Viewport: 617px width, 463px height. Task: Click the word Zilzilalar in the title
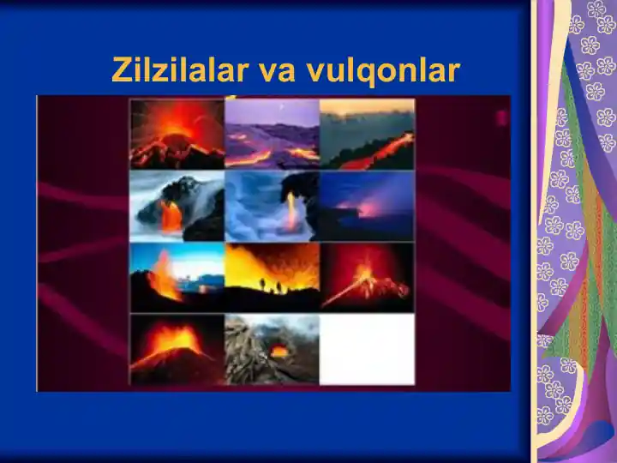tap(180, 69)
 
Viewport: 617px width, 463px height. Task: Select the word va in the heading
tap(277, 72)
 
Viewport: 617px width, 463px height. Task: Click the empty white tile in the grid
tap(367, 350)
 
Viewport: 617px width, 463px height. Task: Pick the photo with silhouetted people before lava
tap(272, 278)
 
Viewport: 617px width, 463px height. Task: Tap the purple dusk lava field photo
tap(272, 134)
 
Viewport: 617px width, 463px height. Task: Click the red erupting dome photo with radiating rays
tap(177, 134)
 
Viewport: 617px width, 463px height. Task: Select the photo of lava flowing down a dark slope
tap(367, 134)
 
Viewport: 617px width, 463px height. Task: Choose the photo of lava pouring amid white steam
tap(177, 206)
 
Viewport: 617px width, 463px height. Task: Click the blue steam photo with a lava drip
tap(272, 206)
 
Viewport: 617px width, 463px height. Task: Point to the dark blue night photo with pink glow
tap(367, 206)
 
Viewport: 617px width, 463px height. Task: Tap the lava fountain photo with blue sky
tap(177, 278)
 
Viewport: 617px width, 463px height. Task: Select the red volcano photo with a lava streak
tap(367, 278)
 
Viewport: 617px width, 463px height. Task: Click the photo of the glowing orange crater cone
tap(177, 350)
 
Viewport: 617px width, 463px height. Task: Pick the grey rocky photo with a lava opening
tap(272, 350)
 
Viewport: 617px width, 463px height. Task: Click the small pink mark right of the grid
tap(501, 117)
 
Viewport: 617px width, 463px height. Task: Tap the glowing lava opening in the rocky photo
tap(279, 351)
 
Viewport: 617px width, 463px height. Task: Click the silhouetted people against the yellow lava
tap(271, 286)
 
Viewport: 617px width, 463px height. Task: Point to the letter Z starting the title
tap(122, 69)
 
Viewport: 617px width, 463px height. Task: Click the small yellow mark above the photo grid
tap(232, 96)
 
